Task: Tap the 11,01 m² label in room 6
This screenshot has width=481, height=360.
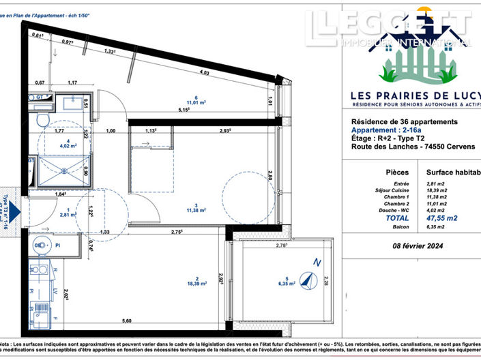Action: point(196,102)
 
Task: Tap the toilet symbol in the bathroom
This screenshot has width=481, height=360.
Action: point(42,120)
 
